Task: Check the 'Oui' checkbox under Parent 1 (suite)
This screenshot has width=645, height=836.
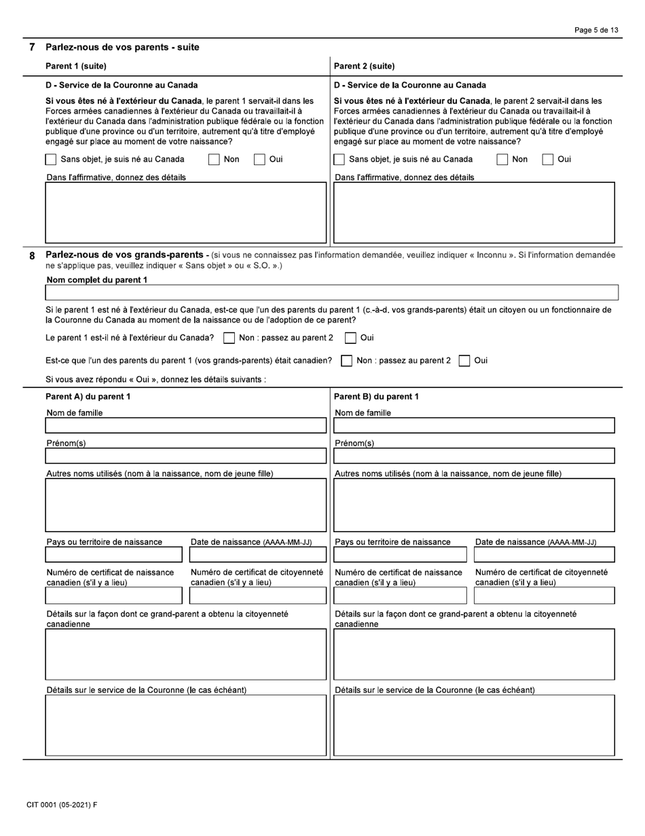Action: [x=259, y=160]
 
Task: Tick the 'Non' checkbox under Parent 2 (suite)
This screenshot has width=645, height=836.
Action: [x=502, y=160]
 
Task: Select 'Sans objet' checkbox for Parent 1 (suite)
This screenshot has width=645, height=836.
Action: [x=51, y=160]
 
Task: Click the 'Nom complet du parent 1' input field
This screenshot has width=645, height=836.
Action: [x=331, y=292]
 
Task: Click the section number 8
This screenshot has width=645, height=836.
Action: [x=31, y=256]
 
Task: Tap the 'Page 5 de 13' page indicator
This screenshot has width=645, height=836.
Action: [x=596, y=31]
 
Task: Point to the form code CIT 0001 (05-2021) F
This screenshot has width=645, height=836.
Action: [x=62, y=805]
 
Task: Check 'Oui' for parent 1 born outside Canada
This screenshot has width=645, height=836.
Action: [x=350, y=338]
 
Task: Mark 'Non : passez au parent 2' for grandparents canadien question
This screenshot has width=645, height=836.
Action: [x=346, y=361]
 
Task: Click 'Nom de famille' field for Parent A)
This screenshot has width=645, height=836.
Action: [x=185, y=425]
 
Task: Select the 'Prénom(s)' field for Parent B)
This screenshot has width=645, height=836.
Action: [x=474, y=455]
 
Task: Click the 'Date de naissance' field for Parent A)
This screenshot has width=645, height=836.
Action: [x=257, y=555]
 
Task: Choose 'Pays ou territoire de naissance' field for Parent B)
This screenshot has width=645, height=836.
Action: [x=400, y=555]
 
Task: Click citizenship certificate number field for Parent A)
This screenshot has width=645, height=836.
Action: [x=257, y=596]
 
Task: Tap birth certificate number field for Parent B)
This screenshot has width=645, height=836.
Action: [x=400, y=596]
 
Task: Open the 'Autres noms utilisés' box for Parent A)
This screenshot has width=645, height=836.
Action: [x=185, y=505]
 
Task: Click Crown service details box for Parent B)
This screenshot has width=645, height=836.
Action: [x=474, y=725]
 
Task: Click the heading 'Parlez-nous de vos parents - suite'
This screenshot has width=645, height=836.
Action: [x=122, y=47]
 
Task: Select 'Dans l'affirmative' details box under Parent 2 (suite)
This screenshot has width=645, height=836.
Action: [x=474, y=212]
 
